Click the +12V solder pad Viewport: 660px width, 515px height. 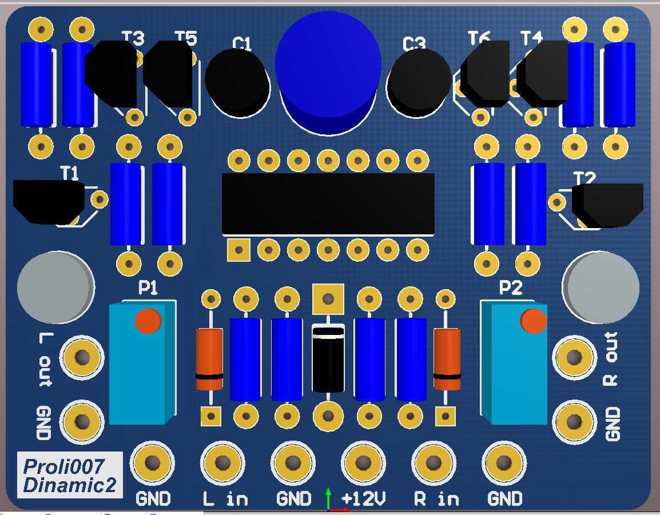pos(363,462)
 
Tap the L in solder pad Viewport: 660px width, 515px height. pos(222,462)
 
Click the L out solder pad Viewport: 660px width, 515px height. pos(82,358)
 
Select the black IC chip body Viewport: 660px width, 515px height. pos(328,203)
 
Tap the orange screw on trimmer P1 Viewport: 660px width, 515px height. pos(148,321)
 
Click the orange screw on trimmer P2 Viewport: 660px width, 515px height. pos(534,321)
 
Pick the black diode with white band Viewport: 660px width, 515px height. pos(328,359)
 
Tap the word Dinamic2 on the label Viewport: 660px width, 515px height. pos(69,485)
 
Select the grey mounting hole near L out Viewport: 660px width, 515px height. pos(55,286)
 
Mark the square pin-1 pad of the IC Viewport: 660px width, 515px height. pos(238,250)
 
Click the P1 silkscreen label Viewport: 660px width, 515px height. pos(148,289)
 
